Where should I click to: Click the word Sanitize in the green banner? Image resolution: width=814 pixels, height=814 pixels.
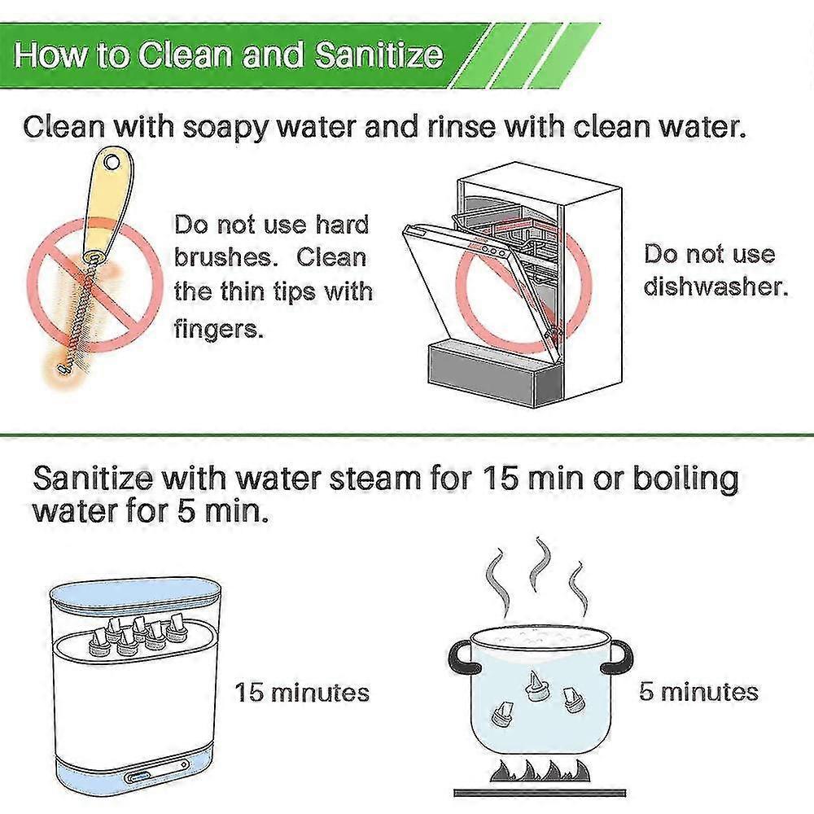coord(379,55)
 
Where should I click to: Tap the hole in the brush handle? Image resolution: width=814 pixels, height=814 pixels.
coord(111,163)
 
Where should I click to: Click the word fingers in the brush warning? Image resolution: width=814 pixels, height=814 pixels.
coord(218,328)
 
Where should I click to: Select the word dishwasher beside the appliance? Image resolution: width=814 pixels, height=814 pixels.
coord(716,286)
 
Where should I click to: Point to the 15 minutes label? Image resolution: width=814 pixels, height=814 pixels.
coord(302,693)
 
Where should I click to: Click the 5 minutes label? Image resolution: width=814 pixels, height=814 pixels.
coord(698,692)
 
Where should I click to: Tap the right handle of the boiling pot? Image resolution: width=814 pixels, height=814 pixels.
coord(619,656)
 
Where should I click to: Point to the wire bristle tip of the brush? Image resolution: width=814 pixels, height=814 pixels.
coord(63,370)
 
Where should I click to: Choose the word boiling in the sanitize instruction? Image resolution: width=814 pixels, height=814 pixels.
coord(685,479)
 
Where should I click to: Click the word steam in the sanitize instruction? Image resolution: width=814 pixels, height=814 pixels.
coord(374,479)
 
